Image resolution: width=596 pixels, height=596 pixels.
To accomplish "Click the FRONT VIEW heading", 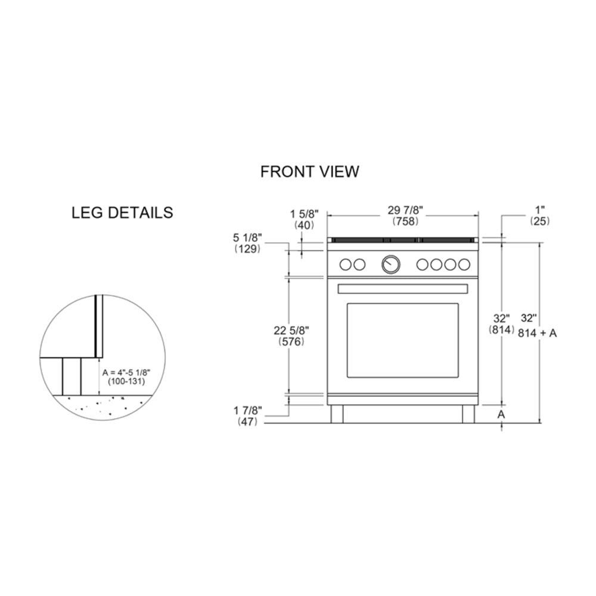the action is [309, 172].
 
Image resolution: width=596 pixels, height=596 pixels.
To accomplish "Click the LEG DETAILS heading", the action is [122, 213].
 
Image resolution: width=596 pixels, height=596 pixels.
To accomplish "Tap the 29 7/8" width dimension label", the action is [405, 210].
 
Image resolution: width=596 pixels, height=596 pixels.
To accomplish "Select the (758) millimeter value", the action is [405, 221].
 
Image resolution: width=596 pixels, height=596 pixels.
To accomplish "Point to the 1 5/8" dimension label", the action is [304, 213].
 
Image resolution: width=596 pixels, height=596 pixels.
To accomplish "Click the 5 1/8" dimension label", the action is [247, 238].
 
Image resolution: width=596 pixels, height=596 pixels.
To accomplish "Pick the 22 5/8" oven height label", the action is [291, 330].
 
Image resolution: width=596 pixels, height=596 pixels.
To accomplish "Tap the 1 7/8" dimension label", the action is [248, 411].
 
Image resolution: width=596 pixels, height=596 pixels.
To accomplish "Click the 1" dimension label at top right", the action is [540, 209].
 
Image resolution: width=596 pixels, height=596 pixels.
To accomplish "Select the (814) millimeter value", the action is [501, 330].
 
